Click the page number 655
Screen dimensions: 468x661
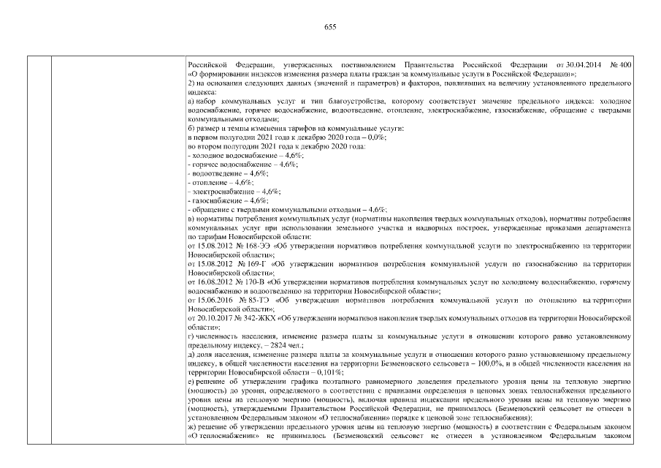pyautogui.click(x=329, y=26)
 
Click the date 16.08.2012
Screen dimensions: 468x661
pyautogui.click(x=213, y=281)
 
